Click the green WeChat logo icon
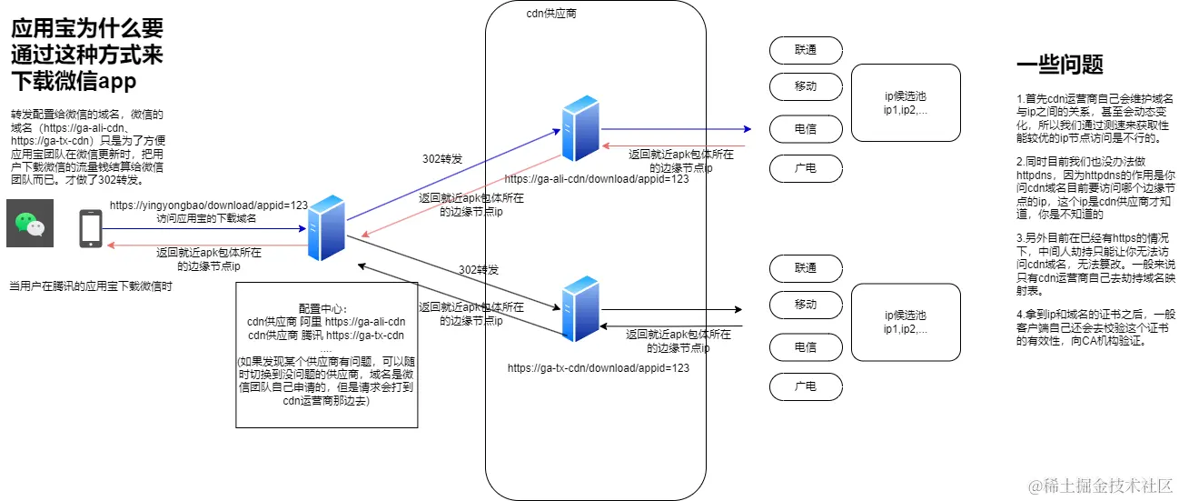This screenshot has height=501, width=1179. point(30,224)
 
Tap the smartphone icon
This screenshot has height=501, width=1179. point(91,228)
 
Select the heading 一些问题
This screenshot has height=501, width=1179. point(1060,65)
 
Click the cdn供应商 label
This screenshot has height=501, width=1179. point(550,15)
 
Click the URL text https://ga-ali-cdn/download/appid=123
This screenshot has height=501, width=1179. point(596,179)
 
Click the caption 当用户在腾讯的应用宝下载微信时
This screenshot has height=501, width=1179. point(91,286)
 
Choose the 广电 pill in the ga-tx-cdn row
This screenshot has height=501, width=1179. point(806,386)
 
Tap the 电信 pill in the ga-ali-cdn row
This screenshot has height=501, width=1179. point(806,129)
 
